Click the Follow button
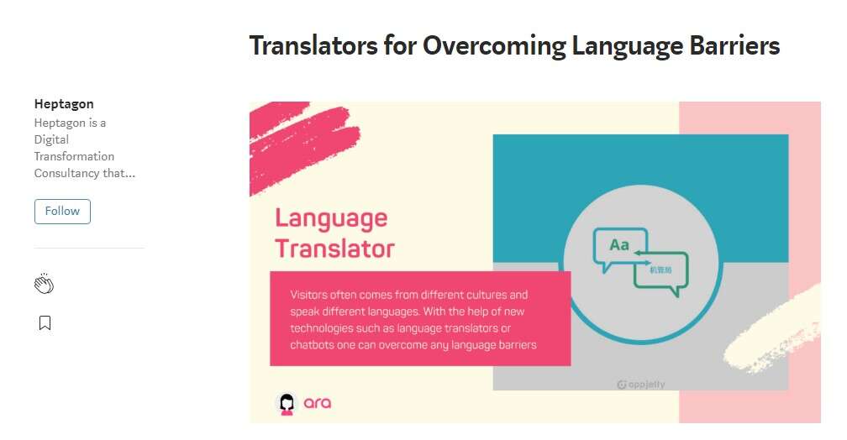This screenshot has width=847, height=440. [62, 211]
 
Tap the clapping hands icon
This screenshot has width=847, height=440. [44, 284]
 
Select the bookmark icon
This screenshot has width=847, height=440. [45, 323]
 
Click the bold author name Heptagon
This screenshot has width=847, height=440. [64, 104]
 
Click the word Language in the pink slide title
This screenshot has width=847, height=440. [331, 218]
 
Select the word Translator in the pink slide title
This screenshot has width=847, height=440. [334, 249]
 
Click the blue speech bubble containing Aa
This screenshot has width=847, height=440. [621, 247]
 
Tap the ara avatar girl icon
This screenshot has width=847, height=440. [287, 403]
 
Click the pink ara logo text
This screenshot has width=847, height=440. [318, 403]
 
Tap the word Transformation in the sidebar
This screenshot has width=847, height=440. [74, 156]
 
